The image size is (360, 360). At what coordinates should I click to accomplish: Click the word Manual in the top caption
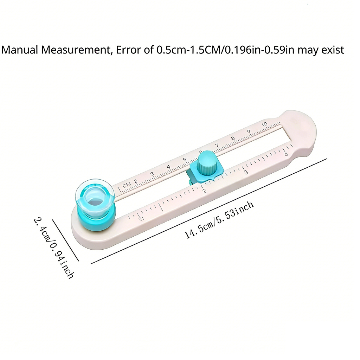click(x=20, y=50)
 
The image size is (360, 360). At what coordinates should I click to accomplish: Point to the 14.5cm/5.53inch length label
click(x=219, y=220)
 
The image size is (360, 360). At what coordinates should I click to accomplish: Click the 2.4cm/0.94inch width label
click(x=54, y=248)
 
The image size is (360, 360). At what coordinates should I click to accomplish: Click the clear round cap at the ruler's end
click(x=95, y=196)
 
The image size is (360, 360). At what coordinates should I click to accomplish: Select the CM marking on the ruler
click(x=127, y=184)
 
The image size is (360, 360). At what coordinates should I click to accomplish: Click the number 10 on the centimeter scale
click(x=265, y=124)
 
